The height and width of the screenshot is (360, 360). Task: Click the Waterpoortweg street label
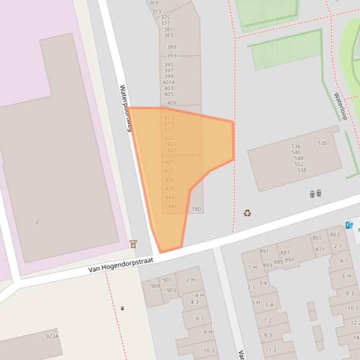125,108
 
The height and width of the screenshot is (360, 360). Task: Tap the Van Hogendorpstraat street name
121,266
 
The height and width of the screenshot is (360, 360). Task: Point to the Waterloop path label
340,106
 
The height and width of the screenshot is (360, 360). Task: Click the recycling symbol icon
247,213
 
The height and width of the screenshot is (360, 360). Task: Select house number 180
196,209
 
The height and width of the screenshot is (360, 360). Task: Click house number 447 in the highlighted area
172,206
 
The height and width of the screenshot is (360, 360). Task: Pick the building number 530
322,143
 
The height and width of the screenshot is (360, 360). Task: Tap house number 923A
52,336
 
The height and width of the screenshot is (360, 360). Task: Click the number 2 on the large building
37,222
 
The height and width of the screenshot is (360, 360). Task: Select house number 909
155,286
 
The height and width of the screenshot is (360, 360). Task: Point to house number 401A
169,82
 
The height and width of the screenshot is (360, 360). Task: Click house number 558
301,170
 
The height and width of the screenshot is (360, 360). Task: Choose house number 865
317,238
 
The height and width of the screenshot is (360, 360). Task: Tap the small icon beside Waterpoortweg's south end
133,244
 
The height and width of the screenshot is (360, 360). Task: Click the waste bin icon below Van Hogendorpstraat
123,308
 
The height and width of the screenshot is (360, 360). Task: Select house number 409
171,103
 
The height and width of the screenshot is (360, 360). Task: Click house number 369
153,3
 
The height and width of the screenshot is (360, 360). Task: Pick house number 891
264,251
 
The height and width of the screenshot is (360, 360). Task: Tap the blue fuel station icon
349,225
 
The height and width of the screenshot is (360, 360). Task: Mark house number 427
169,162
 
